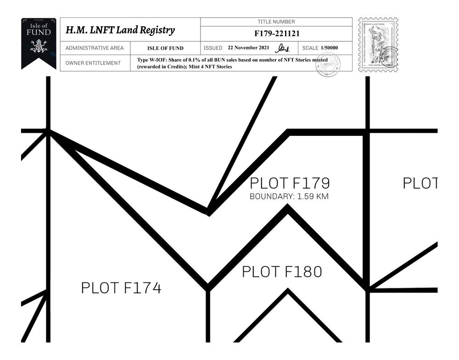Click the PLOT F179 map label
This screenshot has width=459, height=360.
point(290,183)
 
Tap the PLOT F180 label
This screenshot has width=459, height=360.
point(282,272)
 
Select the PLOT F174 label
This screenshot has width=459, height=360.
point(121,288)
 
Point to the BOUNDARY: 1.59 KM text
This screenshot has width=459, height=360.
point(289,197)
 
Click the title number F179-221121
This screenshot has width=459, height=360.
point(277,34)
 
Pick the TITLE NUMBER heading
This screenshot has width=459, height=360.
point(276,22)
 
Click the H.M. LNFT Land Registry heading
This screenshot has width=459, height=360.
point(120,30)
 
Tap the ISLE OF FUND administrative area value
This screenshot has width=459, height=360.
point(165,48)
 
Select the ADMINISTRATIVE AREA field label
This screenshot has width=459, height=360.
point(95,48)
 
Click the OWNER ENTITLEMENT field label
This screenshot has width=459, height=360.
point(93,63)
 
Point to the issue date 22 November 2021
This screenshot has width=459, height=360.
point(248,48)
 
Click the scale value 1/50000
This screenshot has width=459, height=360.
point(330,48)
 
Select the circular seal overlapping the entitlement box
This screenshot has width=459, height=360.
point(327,65)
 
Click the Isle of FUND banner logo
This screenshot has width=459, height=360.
point(39,43)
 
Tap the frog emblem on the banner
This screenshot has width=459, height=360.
point(39,46)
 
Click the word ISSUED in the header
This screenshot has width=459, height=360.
point(213,48)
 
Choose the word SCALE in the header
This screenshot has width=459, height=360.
point(310,48)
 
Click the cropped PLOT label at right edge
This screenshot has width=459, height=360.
point(420,183)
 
